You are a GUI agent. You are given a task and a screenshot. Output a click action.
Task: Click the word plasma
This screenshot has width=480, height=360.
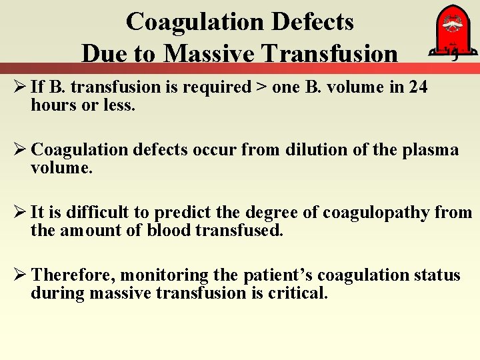(x=431, y=150)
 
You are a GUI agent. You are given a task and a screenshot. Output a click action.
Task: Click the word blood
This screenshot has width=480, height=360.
(x=169, y=231)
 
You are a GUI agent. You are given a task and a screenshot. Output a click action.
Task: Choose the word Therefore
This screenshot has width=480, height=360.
(x=73, y=275)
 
